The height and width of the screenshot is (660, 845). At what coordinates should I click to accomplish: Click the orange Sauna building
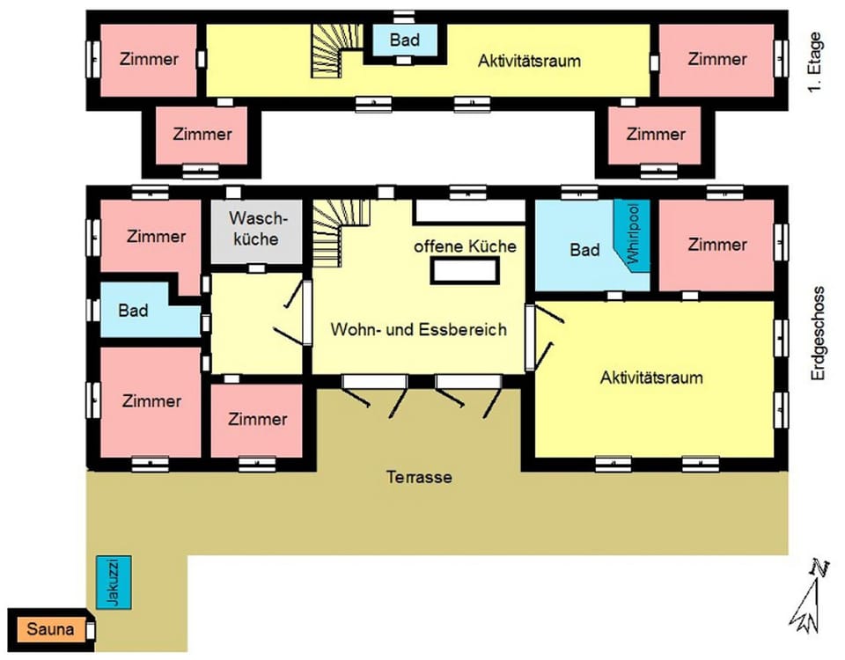point(48,629)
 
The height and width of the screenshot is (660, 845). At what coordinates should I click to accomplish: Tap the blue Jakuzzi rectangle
point(117,581)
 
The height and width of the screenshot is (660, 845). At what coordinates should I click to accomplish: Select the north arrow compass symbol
point(809,598)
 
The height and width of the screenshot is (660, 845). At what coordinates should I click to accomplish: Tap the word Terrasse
point(419,478)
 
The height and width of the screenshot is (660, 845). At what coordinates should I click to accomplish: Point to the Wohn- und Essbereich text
point(418,329)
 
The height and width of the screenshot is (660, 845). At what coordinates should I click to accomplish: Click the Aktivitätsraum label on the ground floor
point(651,378)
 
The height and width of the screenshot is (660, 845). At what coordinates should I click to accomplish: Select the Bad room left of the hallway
point(134,310)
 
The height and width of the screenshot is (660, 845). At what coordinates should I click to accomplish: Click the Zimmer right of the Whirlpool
point(716,244)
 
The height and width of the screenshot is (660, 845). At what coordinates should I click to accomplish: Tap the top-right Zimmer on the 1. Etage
point(716,59)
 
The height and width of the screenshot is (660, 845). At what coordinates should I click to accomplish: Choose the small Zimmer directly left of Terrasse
point(257,420)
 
